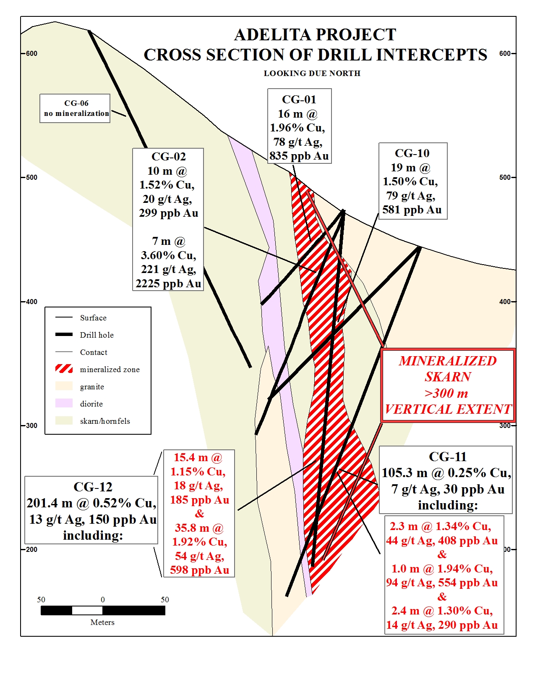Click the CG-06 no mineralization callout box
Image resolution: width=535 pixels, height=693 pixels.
[x=75, y=108]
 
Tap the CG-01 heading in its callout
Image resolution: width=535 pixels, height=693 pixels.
[x=299, y=100]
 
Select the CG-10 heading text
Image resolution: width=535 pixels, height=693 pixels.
[x=412, y=153]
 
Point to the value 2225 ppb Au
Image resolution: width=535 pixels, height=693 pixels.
[x=168, y=283]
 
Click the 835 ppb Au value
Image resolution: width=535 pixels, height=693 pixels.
[x=299, y=156]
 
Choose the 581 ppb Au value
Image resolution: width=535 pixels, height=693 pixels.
[x=412, y=210]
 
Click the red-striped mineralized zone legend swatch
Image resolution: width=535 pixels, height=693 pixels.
[x=64, y=369]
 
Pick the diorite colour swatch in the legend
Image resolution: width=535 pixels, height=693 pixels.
[x=64, y=404]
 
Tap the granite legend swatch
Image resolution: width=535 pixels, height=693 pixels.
[x=64, y=386]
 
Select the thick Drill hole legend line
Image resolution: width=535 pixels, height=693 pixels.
[x=64, y=335]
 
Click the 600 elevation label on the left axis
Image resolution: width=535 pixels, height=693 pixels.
[x=31, y=54]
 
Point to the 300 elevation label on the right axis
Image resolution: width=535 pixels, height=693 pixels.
[x=505, y=425]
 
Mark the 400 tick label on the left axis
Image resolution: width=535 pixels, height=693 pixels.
[x=31, y=302]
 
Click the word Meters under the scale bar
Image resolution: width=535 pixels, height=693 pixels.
[x=102, y=622]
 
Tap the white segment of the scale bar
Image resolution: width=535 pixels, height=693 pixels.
[x=87, y=610]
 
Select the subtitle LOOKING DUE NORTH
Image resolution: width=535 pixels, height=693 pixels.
[x=312, y=73]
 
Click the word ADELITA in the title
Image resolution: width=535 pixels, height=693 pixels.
[x=271, y=35]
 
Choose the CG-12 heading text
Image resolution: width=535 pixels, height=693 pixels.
[x=93, y=487]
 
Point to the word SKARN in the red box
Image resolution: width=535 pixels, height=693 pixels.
[x=448, y=377]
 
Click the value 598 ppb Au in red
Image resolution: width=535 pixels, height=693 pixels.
[x=199, y=570]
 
